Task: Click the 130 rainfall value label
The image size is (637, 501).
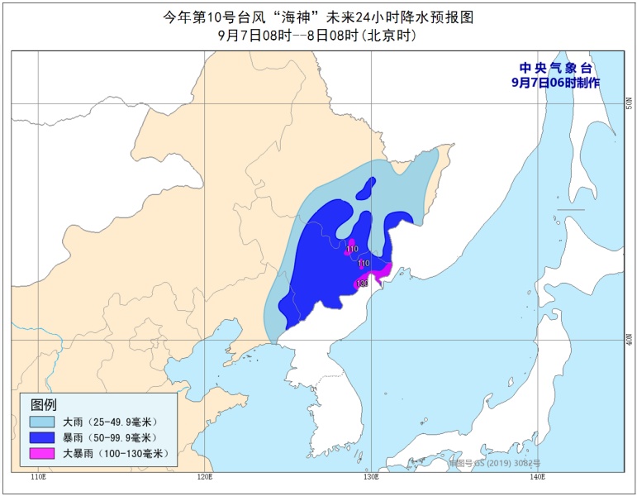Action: (361, 284)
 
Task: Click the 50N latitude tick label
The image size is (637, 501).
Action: (628, 103)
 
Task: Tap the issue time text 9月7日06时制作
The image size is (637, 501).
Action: (555, 83)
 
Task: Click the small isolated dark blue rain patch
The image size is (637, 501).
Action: (366, 188)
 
